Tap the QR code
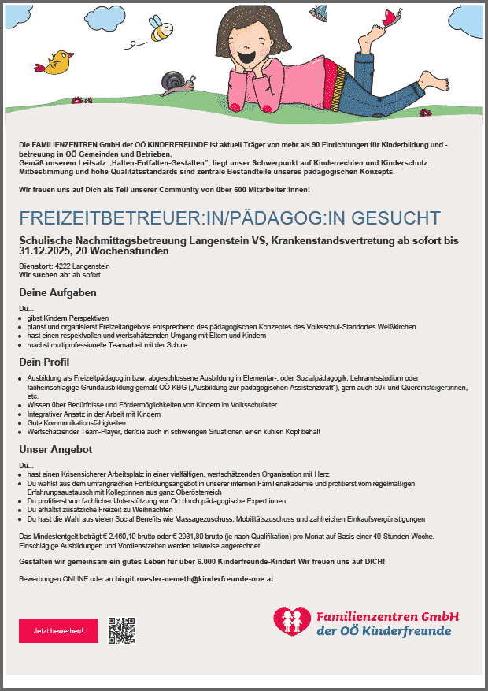click(x=122, y=630)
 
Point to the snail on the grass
click(x=175, y=81)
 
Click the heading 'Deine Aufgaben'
click(x=57, y=292)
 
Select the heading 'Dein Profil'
click(x=45, y=362)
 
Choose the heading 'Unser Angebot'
click(x=56, y=449)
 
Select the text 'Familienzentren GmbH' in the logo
click(x=387, y=615)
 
